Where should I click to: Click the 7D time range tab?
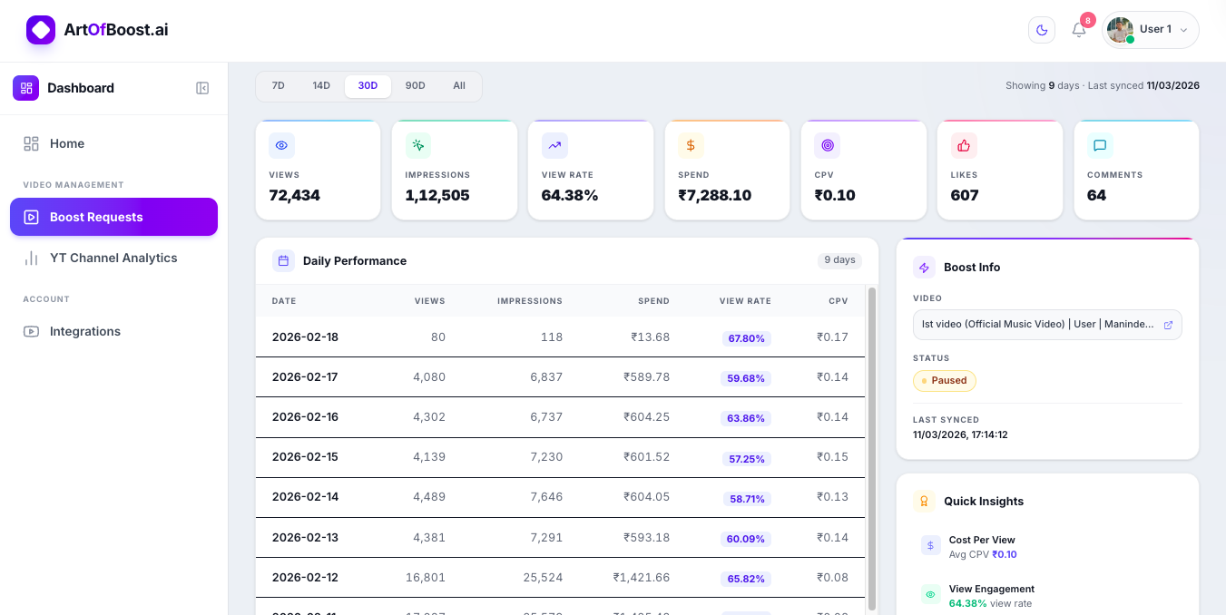pyautogui.click(x=279, y=86)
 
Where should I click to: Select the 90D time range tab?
pyautogui.click(x=415, y=86)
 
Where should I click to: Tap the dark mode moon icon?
pyautogui.click(x=1042, y=30)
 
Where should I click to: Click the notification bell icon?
pyautogui.click(x=1079, y=30)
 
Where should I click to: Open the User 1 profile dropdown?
pyautogui.click(x=1150, y=30)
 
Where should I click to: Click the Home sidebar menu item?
pyautogui.click(x=67, y=143)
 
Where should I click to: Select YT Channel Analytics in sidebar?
pyautogui.click(x=113, y=258)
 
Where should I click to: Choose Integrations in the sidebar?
pyautogui.click(x=84, y=331)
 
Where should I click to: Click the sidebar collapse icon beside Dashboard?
pyautogui.click(x=202, y=88)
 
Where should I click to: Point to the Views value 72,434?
pyautogui.click(x=295, y=195)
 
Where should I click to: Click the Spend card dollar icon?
pyautogui.click(x=691, y=145)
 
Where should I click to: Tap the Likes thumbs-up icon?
pyautogui.click(x=964, y=145)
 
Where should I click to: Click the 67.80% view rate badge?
pyautogui.click(x=746, y=338)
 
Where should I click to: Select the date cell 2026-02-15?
pyautogui.click(x=305, y=456)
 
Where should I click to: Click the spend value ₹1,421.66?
pyautogui.click(x=641, y=577)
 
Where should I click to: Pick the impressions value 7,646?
pyautogui.click(x=546, y=496)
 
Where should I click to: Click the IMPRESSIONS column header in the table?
pyautogui.click(x=529, y=301)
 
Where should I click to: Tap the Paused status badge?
pyautogui.click(x=944, y=380)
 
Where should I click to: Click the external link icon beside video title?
pyautogui.click(x=1168, y=325)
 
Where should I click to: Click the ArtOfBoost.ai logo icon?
pyautogui.click(x=41, y=30)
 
